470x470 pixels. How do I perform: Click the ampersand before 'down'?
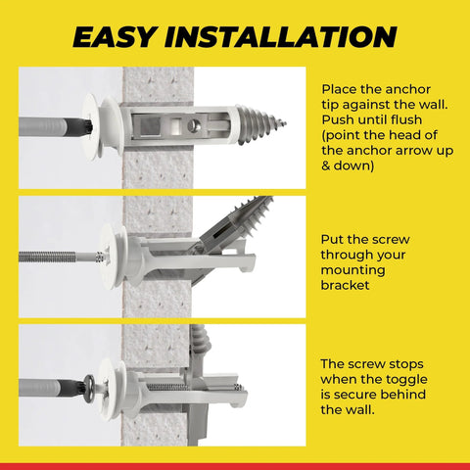[x=326, y=167]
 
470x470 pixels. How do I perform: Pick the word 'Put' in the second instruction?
[x=334, y=238]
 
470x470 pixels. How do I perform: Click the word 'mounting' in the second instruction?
[x=353, y=270]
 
